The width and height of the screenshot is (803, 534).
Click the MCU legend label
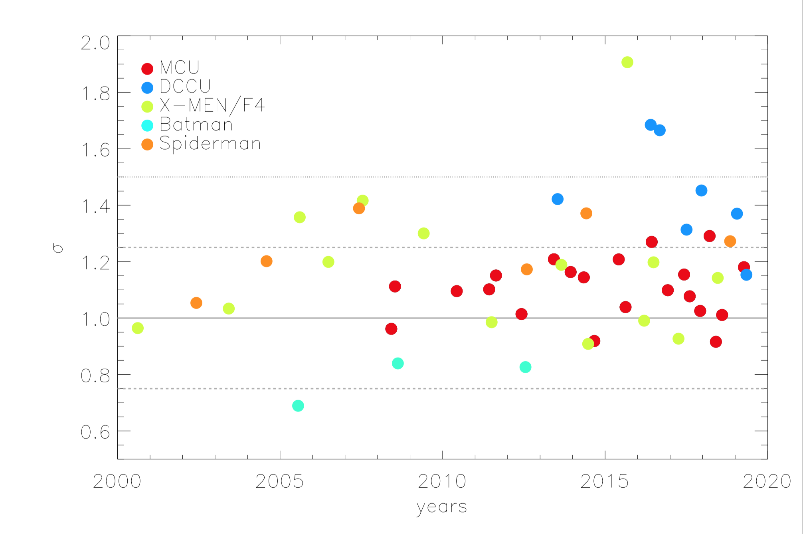pos(179,67)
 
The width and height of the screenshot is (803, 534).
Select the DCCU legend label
pos(185,86)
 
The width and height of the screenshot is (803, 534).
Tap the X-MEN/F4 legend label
pos(212,105)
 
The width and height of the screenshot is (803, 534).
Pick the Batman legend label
pos(196,125)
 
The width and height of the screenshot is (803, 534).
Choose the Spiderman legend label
pos(210,143)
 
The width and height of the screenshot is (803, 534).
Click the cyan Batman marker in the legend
pos(147,125)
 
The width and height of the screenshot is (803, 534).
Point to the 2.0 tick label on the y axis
pos(95,43)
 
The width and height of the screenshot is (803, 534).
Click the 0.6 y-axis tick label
pos(95,432)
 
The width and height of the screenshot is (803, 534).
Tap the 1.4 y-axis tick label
pos(95,207)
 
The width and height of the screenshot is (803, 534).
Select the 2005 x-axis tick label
pos(279,481)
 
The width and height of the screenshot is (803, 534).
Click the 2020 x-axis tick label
pos(767,481)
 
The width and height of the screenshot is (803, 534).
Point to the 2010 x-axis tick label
pos(442,481)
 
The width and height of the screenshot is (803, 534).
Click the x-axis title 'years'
pos(441,507)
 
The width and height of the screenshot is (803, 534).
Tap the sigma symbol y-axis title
pos(58,248)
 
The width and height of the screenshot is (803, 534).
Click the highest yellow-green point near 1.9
pos(627,62)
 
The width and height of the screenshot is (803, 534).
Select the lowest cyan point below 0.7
pos(298,406)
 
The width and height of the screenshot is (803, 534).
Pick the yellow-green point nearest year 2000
pos(137,328)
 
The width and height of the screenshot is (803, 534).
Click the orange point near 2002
pos(196,303)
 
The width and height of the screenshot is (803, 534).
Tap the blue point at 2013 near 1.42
pos(558,199)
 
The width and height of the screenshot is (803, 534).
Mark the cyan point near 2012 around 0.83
pos(525,367)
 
